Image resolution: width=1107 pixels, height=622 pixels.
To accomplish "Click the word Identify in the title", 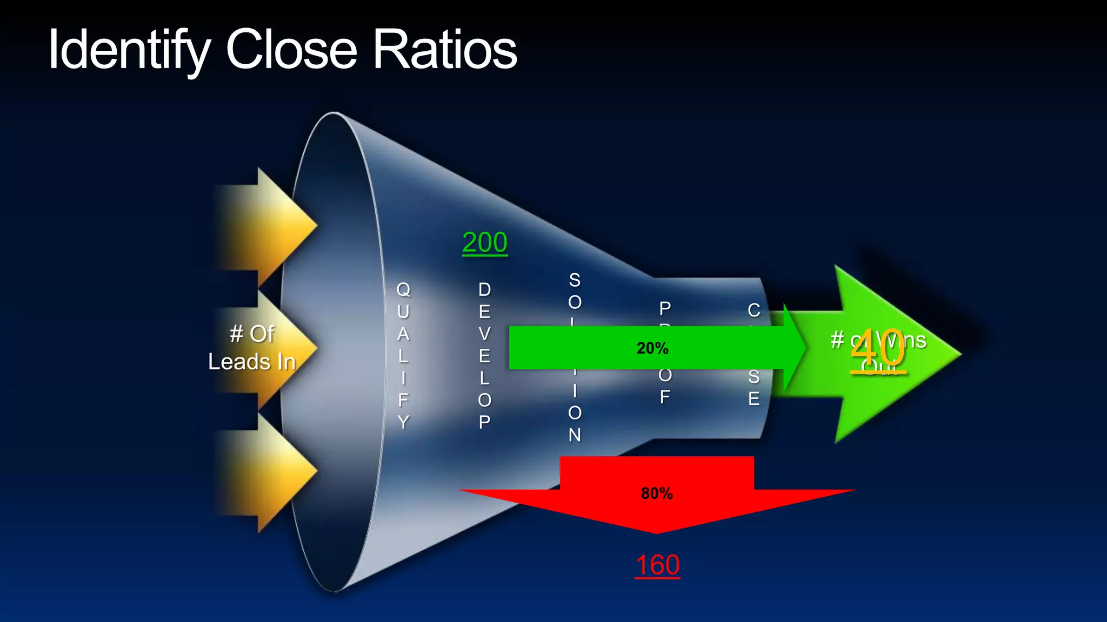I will click(129, 50).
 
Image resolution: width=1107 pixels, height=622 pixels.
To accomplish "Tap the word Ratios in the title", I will click(445, 50).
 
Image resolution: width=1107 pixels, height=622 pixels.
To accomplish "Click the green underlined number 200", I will click(485, 242).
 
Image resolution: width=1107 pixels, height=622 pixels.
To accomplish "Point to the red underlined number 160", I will click(657, 565).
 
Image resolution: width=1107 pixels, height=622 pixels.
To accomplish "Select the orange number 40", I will click(877, 349).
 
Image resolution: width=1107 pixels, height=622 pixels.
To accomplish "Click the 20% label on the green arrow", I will click(652, 348).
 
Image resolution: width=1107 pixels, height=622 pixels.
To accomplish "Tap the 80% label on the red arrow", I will click(657, 493).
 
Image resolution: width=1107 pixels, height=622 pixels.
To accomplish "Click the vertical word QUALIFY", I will click(403, 355).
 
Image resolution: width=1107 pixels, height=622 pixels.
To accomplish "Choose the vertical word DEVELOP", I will click(485, 355).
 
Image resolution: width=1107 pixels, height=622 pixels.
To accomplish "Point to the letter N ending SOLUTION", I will click(575, 435).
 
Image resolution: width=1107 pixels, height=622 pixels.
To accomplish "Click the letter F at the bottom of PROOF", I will click(665, 397).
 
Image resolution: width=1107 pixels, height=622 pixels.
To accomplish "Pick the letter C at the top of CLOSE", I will click(754, 310).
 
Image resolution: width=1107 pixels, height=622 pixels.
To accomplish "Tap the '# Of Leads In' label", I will click(252, 348).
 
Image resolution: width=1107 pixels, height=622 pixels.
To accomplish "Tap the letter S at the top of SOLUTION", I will click(575, 280).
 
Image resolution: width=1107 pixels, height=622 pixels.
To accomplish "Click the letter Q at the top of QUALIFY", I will click(403, 289).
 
